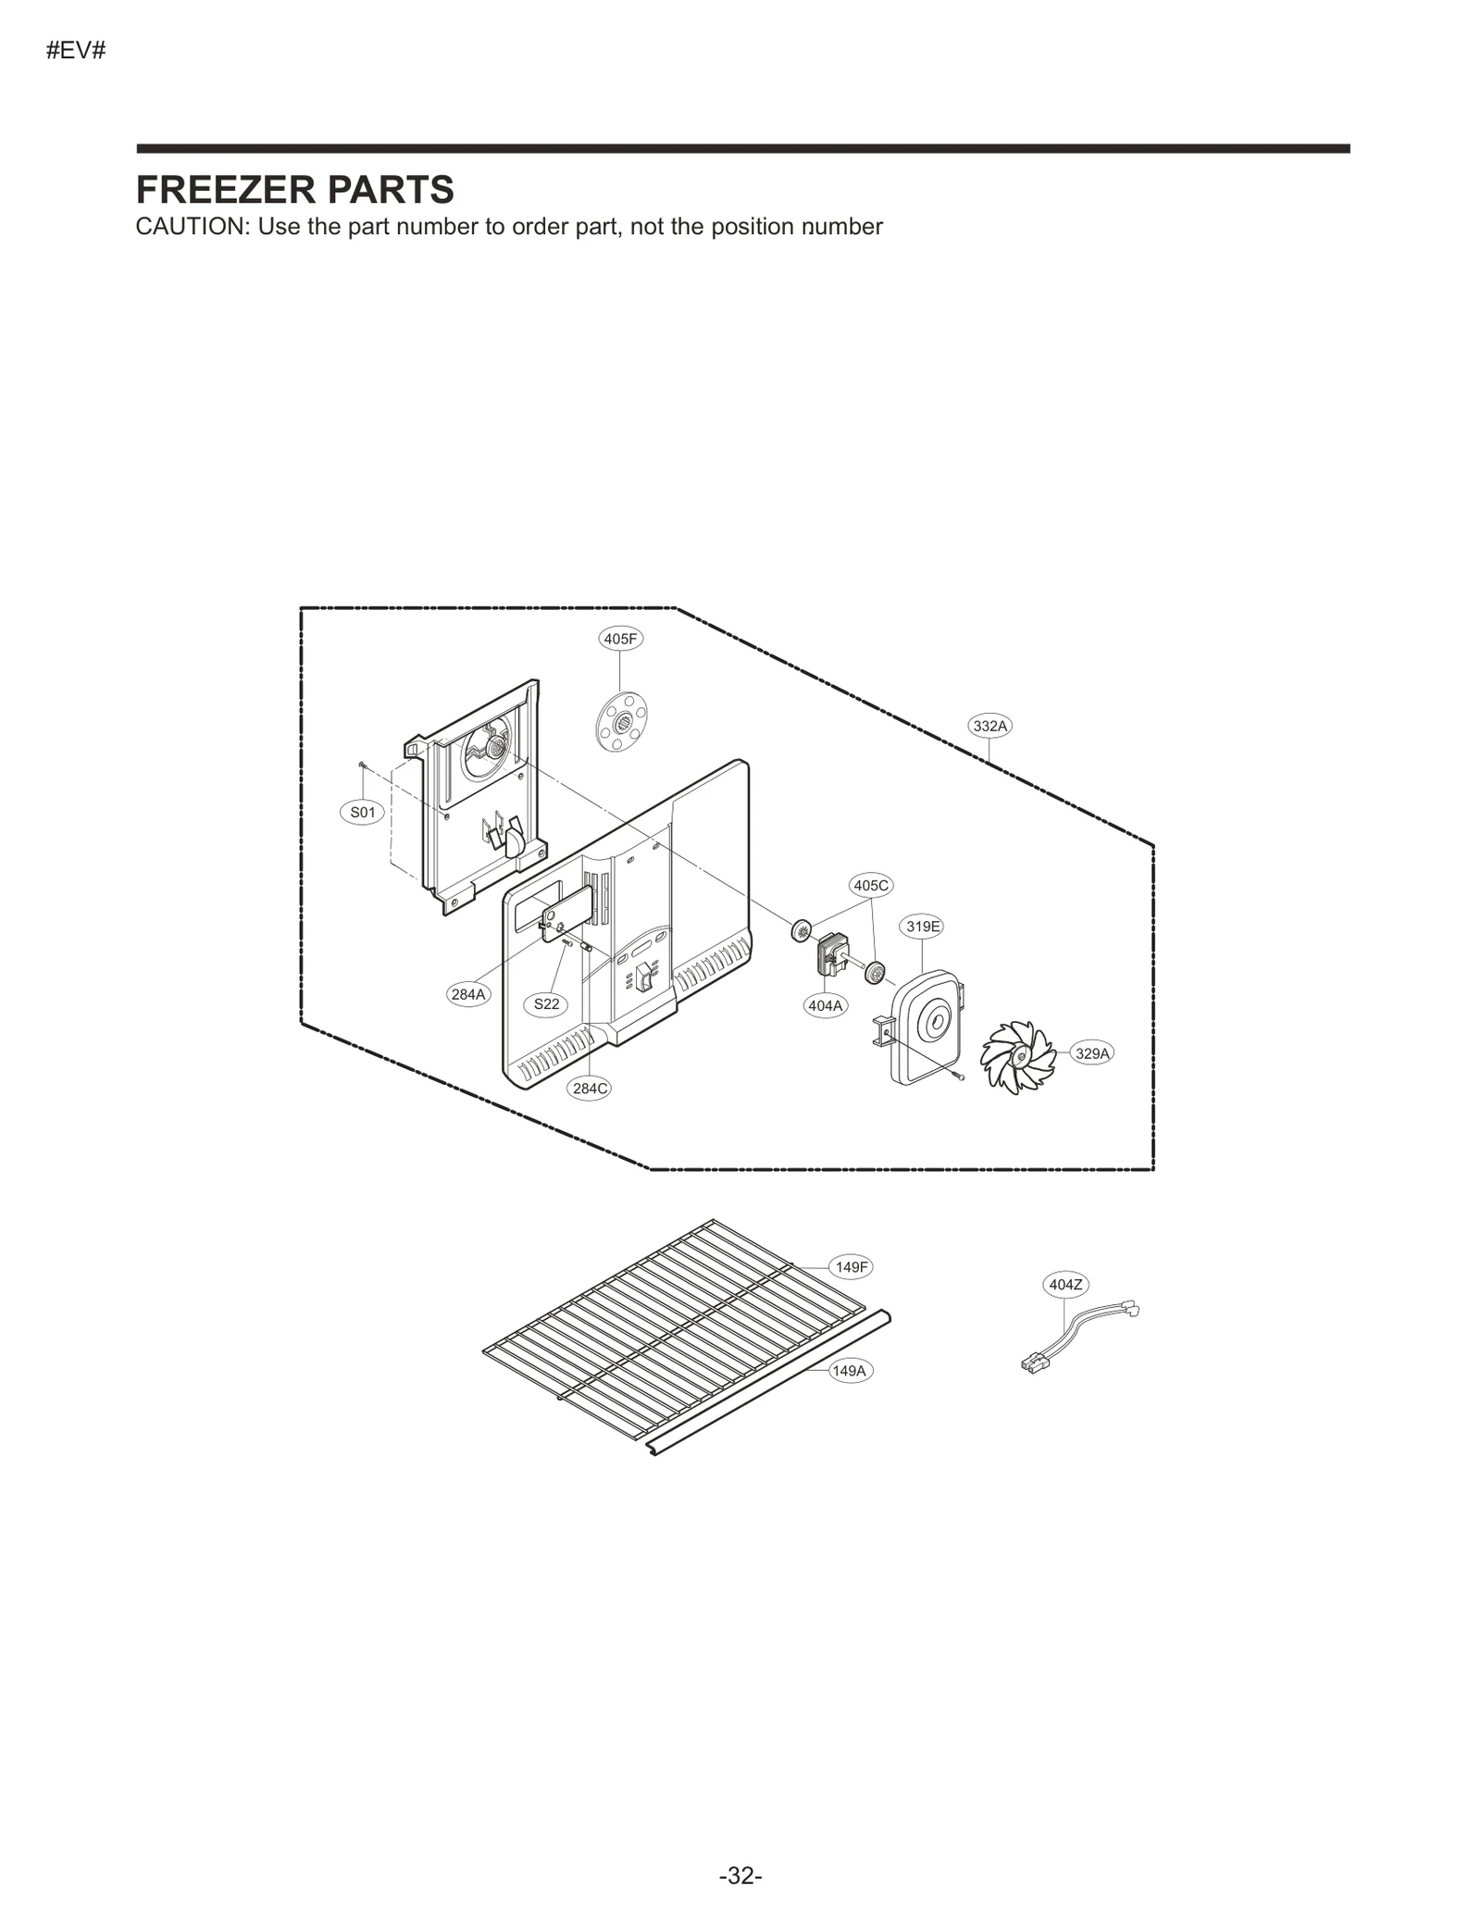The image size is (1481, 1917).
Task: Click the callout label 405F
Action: point(620,639)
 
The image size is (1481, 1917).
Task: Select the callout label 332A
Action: point(989,726)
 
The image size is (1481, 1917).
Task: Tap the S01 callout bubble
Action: point(362,813)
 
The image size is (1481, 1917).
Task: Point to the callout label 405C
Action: point(870,885)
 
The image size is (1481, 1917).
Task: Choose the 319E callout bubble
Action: point(923,926)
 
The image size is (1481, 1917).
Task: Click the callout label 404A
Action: point(826,1005)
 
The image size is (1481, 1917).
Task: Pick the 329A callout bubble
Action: point(1092,1053)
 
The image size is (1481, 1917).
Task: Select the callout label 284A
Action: point(468,995)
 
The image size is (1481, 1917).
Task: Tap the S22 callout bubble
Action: point(546,1004)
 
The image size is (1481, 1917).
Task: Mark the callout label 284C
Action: point(590,1089)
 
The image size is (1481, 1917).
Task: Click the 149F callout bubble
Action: point(851,1267)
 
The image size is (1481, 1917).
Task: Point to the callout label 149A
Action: point(849,1371)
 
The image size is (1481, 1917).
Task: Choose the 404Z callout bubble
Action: point(1064,1285)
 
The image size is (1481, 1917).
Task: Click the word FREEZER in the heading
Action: point(222,190)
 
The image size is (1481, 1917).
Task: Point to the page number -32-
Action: point(740,1875)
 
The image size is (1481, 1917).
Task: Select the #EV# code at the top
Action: point(76,51)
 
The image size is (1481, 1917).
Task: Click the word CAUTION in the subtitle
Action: point(190,227)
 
